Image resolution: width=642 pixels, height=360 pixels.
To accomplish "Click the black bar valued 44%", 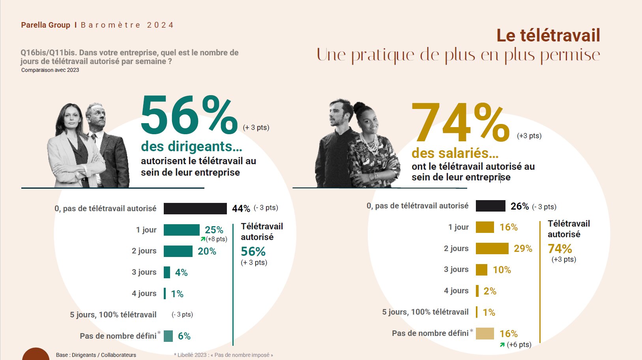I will [195, 208].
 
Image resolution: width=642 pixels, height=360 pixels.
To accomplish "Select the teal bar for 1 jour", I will [182, 230].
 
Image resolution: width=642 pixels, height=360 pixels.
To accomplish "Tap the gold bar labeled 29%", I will [492, 248].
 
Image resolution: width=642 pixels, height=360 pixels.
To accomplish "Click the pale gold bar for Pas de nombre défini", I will [485, 334].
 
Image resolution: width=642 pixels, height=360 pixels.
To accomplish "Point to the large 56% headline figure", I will [189, 116].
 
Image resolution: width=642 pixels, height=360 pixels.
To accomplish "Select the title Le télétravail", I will [548, 36].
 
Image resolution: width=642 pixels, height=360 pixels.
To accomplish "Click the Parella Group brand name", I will [45, 25].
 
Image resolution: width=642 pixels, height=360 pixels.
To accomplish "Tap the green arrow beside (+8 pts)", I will [203, 239].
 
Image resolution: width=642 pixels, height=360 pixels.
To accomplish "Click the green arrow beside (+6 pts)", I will [502, 345].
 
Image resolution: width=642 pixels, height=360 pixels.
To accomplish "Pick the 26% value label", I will [519, 206].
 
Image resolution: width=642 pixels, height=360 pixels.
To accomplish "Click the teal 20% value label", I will [207, 251].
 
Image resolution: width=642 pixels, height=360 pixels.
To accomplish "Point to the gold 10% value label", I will [502, 270].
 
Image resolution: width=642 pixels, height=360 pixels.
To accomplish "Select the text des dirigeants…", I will [191, 146].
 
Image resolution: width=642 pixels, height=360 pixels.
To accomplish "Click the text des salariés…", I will [455, 153].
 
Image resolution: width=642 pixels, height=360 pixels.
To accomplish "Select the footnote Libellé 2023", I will [223, 355].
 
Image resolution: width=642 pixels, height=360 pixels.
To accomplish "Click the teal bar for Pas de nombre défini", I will [168, 336].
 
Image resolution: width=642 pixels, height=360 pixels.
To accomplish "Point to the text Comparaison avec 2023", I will [50, 70].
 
